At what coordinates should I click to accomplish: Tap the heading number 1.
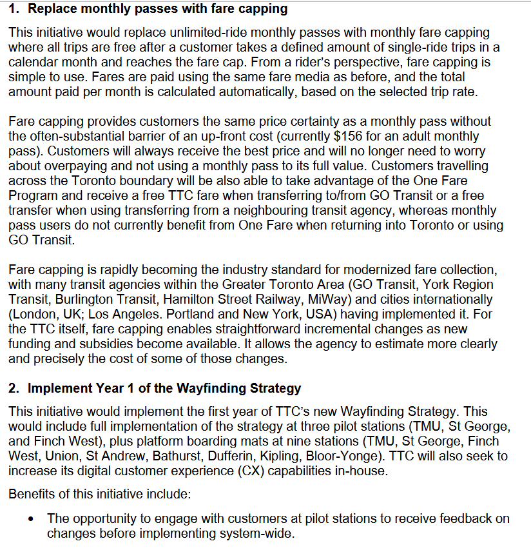click(x=14, y=10)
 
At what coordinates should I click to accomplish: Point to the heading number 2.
click(x=14, y=388)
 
